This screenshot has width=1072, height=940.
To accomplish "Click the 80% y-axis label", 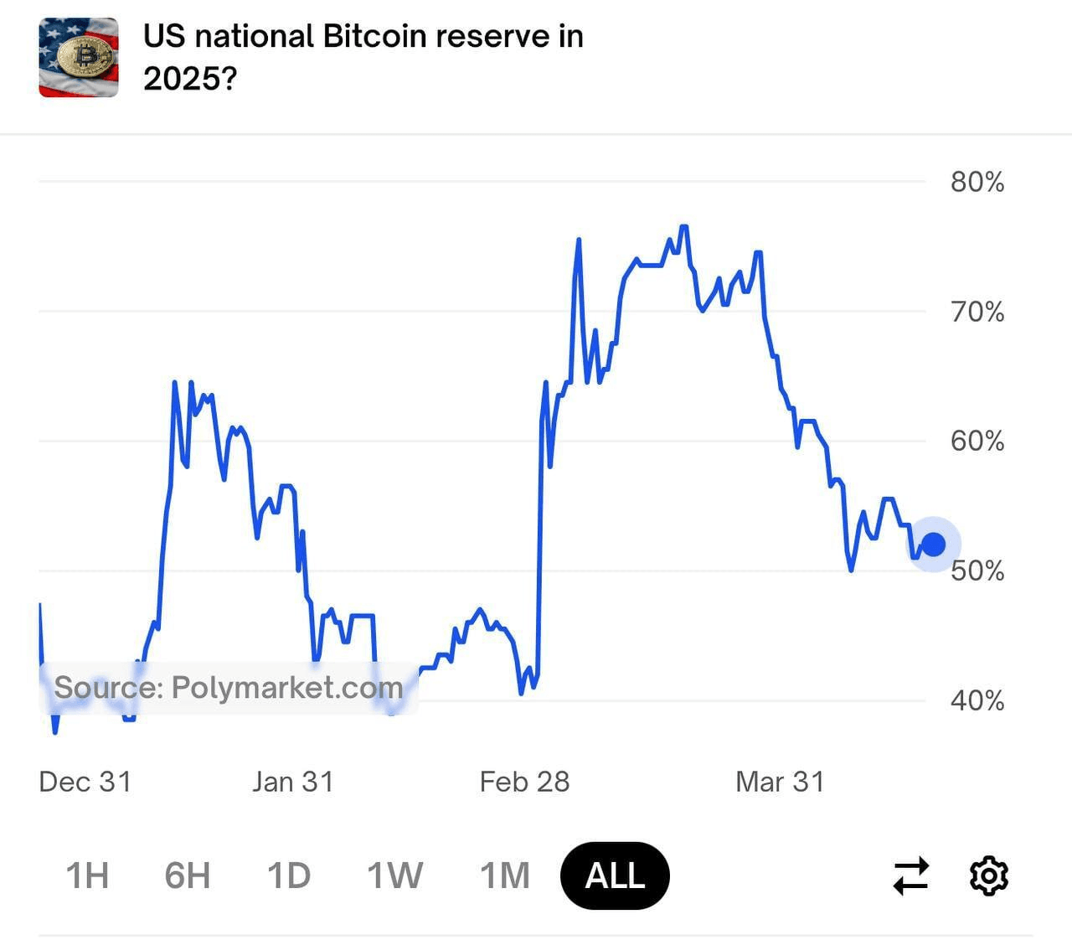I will tap(977, 182).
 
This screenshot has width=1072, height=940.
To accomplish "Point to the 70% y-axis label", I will tap(977, 312).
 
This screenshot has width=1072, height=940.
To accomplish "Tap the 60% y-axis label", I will tap(977, 441).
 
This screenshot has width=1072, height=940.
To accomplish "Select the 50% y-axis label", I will tap(977, 571).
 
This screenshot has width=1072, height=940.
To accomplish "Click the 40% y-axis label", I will tap(977, 700).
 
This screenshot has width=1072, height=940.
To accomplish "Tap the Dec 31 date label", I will tap(85, 782).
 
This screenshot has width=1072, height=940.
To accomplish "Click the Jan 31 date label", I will tap(293, 782).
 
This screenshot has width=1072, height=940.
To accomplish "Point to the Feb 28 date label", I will tap(524, 782).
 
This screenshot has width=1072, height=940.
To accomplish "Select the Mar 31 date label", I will tap(780, 782).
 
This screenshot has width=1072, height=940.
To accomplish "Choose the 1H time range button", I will tap(87, 875).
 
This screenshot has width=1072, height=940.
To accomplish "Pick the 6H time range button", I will tap(187, 875).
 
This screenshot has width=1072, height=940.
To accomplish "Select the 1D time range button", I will tap(289, 875).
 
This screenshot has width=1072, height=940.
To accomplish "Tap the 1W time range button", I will tap(395, 875).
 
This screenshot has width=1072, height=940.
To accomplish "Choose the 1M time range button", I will tap(505, 875).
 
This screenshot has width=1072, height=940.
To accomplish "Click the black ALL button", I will tap(615, 875).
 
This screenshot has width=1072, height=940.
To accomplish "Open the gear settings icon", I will tap(988, 875).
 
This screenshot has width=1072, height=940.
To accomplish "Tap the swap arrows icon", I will tap(911, 875).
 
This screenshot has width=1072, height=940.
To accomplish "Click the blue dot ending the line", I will tap(933, 545).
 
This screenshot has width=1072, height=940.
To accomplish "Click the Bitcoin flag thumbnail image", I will tap(79, 58).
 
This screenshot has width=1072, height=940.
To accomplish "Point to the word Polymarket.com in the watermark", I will tap(287, 688).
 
